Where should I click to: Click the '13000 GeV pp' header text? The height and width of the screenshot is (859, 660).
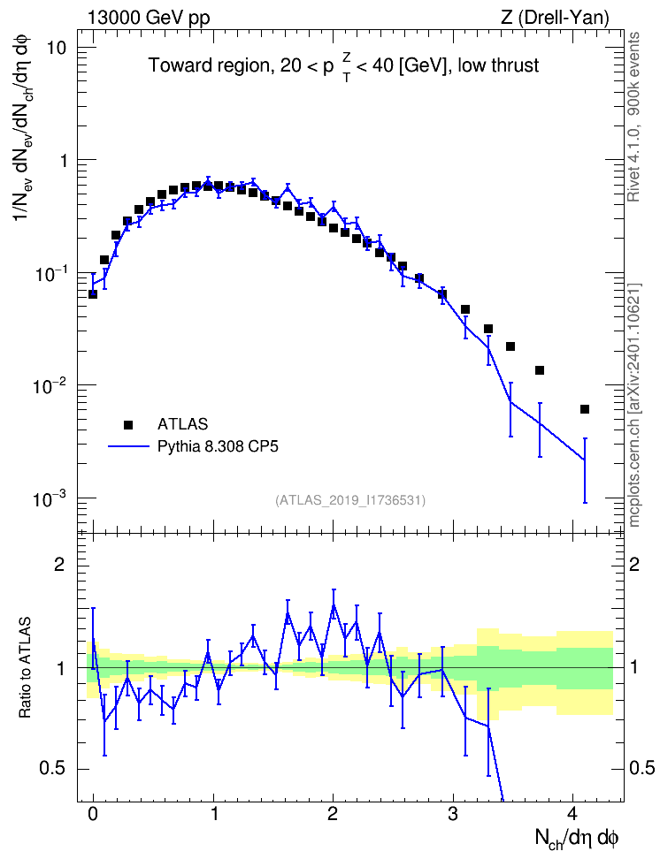[x=148, y=18]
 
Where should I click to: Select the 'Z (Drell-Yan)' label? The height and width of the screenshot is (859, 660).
[x=555, y=18]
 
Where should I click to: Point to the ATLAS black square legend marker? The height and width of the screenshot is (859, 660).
[x=128, y=424]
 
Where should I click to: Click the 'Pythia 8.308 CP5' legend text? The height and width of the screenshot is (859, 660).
[x=218, y=446]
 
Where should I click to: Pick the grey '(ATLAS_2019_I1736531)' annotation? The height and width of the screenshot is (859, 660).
[x=350, y=500]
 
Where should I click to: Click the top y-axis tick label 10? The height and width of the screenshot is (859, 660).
[x=56, y=48]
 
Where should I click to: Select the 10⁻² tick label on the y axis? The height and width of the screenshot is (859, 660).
[x=50, y=385]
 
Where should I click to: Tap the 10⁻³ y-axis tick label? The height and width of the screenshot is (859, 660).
[x=50, y=499]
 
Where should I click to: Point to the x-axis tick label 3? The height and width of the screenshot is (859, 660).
[x=453, y=814]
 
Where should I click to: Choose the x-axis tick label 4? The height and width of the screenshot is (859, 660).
[x=572, y=814]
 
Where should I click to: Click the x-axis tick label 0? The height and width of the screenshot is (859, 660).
[x=93, y=814]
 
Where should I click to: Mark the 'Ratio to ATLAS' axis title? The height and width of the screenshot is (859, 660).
[x=26, y=668]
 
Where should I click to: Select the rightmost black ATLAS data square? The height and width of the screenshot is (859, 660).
[x=585, y=409]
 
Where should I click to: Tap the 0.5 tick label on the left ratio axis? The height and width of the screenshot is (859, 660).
[x=52, y=769]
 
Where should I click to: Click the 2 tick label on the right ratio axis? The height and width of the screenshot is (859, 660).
[x=634, y=565]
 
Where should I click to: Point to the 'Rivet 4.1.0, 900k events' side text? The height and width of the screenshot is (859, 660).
[x=633, y=118]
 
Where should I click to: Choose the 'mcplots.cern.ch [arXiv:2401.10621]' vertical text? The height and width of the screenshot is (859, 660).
[x=633, y=405]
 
